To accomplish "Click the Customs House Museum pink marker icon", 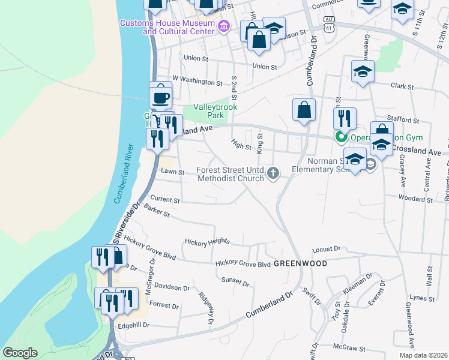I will click(x=224, y=26).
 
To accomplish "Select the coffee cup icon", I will click(x=160, y=97).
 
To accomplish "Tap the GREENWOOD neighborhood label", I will click(x=300, y=263).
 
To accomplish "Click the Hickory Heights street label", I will click(x=207, y=241).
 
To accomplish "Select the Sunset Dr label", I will click(x=235, y=281).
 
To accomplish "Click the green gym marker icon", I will click(x=341, y=137).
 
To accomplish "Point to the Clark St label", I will click(x=399, y=86).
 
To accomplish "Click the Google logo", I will click(x=20, y=353).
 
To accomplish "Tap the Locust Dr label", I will click(x=327, y=249).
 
